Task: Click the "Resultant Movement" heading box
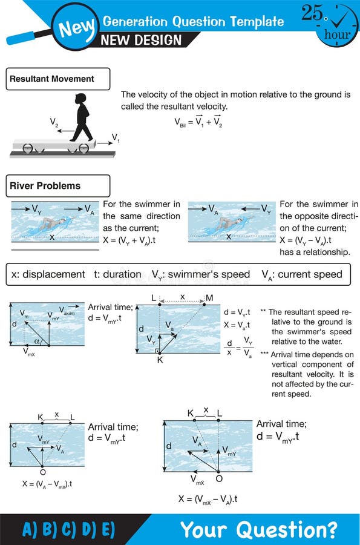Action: point(59,79)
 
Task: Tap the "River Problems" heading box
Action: point(58,186)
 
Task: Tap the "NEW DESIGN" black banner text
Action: point(141,40)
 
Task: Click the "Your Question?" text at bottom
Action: point(259,529)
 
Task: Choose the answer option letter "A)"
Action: point(30,529)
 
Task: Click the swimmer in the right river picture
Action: point(229,225)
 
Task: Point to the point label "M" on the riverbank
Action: point(209,298)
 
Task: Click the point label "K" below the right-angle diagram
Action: point(160,360)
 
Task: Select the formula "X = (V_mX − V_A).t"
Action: point(208,499)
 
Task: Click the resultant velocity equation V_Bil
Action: point(198,122)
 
